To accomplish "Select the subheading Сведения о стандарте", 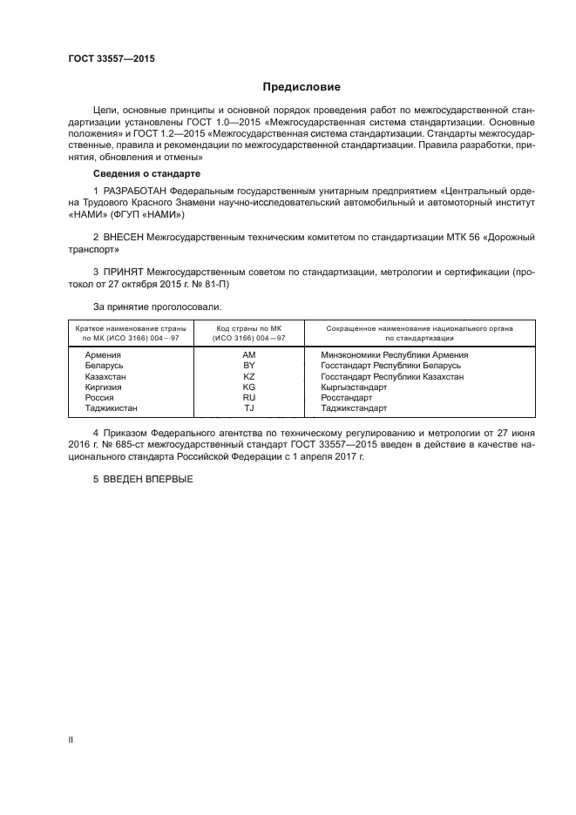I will click(139, 174).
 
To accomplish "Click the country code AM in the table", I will click(249, 355).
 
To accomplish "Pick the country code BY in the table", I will click(249, 366).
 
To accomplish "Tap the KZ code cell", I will click(249, 376).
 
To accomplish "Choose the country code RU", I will click(249, 397).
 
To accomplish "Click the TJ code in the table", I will click(249, 407).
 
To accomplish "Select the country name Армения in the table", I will click(103, 355).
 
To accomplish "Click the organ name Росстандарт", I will click(346, 397).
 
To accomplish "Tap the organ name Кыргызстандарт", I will click(354, 387).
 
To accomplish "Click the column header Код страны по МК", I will click(249, 328).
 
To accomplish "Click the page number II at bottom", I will click(71, 739).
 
